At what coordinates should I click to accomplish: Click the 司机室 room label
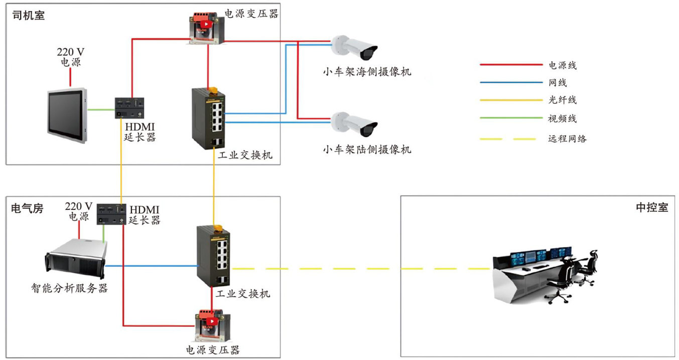click(28, 16)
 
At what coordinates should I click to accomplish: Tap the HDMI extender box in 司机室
click(129, 107)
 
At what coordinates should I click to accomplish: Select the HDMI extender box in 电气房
click(111, 215)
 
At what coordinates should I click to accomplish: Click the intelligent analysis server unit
click(75, 258)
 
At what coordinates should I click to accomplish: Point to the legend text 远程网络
click(567, 139)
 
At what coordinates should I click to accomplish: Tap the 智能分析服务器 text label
click(69, 289)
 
